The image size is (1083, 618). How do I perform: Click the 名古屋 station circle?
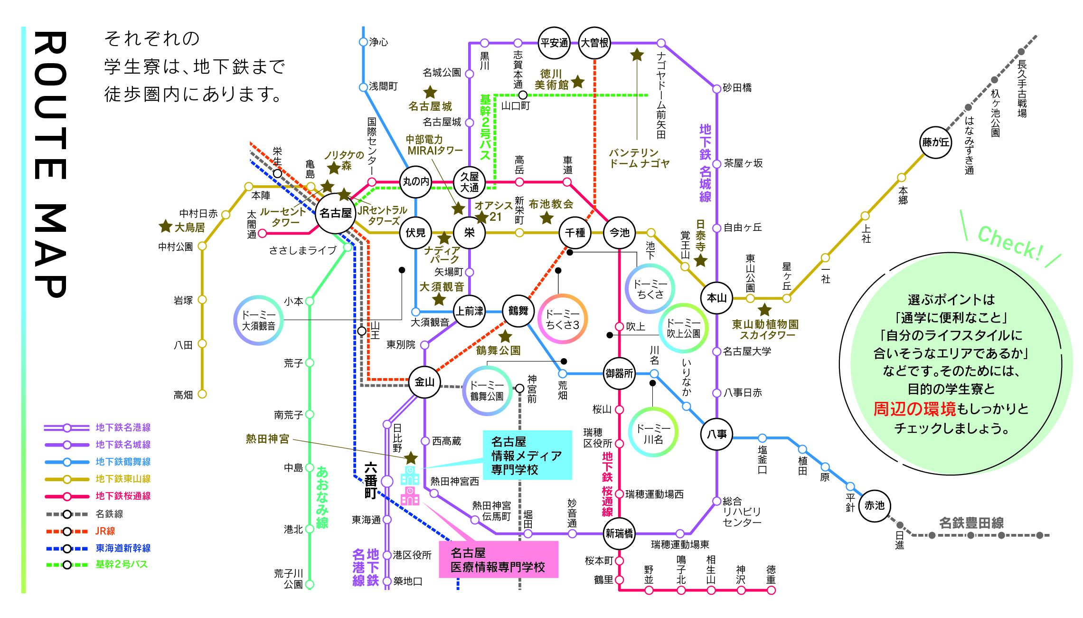point(336,213)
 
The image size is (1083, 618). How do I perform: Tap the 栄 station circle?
point(469,232)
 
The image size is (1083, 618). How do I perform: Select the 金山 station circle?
point(424,382)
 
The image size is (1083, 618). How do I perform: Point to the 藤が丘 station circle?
point(935,142)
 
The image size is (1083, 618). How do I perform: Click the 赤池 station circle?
point(874,505)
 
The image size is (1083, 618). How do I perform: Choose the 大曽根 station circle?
point(594,43)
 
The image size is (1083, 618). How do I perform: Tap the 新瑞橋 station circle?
point(619,533)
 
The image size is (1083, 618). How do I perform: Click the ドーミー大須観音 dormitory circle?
point(258,320)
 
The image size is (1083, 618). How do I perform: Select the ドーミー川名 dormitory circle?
point(653,432)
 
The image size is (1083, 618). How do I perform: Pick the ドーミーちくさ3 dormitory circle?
point(562,319)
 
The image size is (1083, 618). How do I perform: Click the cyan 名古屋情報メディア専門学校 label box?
point(527,455)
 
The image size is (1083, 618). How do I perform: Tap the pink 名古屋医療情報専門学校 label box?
point(498,560)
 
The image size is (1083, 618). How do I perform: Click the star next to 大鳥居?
point(165,226)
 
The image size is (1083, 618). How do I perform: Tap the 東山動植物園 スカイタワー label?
point(765,329)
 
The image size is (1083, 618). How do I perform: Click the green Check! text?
point(1010,243)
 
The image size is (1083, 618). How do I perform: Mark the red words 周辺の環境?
point(914,409)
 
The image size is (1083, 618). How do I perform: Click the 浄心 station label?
point(378,42)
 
